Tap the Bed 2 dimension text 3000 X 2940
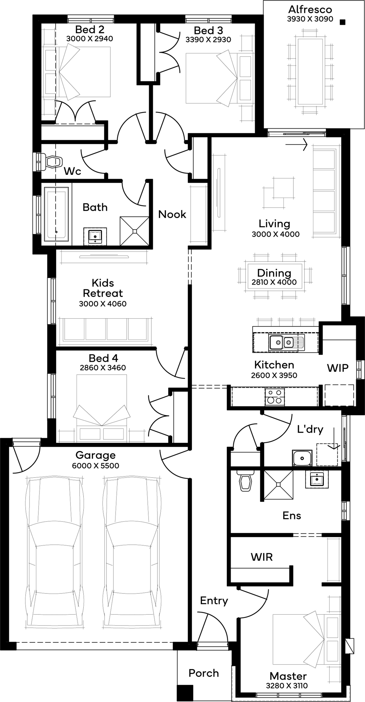[90, 39]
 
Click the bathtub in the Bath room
[56, 214]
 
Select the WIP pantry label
[338, 368]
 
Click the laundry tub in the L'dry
[302, 458]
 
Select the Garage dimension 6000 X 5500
[95, 466]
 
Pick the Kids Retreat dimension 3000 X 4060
[103, 304]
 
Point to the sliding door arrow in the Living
[296, 144]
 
